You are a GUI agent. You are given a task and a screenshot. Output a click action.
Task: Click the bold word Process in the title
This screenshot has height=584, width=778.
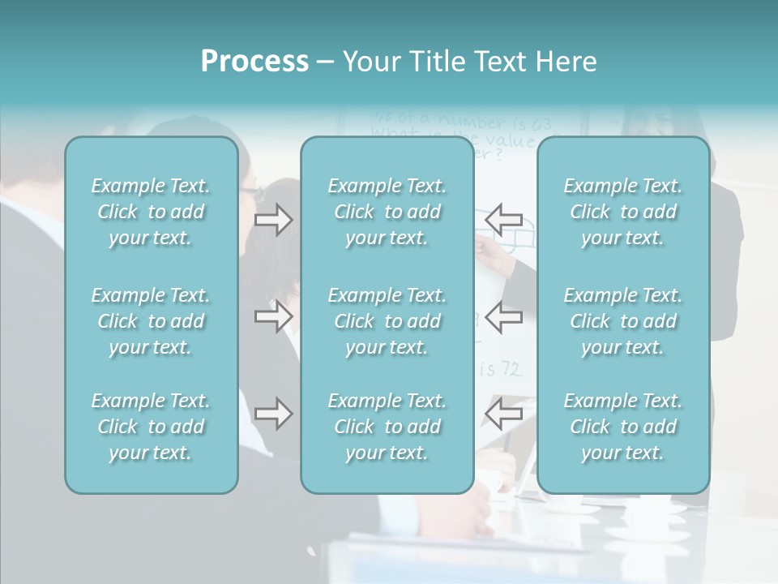(254, 62)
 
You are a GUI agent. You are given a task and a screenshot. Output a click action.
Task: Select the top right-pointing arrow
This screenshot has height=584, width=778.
(274, 220)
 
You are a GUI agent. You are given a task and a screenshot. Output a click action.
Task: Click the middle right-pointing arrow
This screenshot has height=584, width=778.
(274, 316)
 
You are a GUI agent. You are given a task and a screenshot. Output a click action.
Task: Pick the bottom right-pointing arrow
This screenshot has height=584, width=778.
(274, 414)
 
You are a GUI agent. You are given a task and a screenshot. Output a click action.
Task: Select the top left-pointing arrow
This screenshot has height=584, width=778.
(503, 220)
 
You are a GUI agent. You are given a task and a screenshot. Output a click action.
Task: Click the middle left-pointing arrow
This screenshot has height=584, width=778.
(503, 316)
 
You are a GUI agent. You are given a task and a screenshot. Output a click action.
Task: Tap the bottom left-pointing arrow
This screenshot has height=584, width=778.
(503, 414)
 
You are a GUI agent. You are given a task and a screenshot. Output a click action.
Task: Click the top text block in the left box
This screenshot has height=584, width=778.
(151, 212)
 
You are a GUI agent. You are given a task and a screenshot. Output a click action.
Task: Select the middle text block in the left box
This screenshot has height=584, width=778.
(151, 321)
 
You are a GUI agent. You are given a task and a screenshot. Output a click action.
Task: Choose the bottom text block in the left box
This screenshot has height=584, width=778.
(151, 427)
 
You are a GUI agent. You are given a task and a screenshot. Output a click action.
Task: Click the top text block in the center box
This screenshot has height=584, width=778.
(387, 212)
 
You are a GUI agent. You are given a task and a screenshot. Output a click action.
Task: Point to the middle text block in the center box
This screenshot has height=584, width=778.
(387, 321)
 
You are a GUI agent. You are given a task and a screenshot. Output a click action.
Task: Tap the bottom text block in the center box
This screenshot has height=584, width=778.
(387, 427)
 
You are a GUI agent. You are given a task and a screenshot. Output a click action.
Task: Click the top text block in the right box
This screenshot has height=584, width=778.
(622, 212)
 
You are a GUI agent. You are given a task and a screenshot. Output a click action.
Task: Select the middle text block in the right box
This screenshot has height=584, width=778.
(622, 321)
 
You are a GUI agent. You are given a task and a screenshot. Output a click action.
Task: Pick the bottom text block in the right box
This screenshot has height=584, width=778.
(622, 427)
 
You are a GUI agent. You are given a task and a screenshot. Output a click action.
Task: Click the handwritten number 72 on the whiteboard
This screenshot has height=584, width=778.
(511, 370)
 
